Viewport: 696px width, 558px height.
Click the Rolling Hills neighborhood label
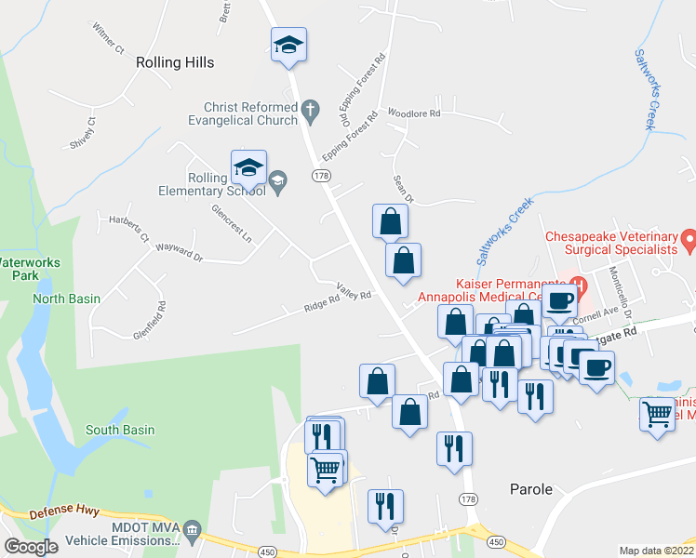click(x=175, y=62)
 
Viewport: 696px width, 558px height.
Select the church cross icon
click(x=312, y=113)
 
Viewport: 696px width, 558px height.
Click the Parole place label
click(x=531, y=489)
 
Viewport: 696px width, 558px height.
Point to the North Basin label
click(x=66, y=299)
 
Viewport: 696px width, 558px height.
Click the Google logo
click(x=31, y=547)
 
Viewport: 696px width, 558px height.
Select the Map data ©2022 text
click(x=656, y=551)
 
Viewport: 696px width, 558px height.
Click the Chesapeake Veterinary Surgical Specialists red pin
click(x=689, y=242)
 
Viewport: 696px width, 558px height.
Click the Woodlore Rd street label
click(x=414, y=112)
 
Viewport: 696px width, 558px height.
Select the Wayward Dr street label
click(x=180, y=253)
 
